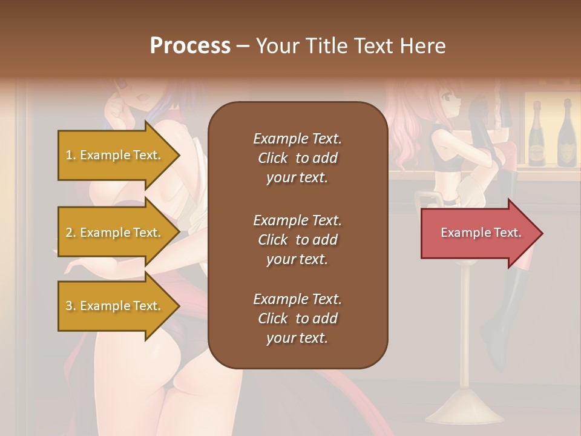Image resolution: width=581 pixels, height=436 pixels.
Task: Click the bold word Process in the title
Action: pyautogui.click(x=190, y=46)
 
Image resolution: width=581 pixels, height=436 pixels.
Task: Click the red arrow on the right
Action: pyautogui.click(x=482, y=233)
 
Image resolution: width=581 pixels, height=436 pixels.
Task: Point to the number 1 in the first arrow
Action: pyautogui.click(x=69, y=155)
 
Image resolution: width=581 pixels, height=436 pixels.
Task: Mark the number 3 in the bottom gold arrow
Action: pyautogui.click(x=69, y=306)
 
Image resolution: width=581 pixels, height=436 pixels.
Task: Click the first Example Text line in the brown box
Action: pyautogui.click(x=297, y=139)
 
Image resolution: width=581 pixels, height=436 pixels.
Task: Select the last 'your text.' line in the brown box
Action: pyautogui.click(x=297, y=338)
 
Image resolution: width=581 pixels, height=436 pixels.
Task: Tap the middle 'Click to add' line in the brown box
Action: pyautogui.click(x=297, y=240)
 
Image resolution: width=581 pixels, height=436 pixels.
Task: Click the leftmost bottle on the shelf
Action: pyautogui.click(x=537, y=134)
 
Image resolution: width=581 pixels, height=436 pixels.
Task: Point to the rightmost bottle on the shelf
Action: pyautogui.click(x=566, y=134)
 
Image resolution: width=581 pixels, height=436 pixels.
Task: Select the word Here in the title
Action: pyautogui.click(x=422, y=46)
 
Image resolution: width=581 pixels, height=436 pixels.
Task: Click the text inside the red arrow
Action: pyautogui.click(x=481, y=233)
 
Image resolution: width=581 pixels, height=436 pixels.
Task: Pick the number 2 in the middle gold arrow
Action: pyautogui.click(x=69, y=233)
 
